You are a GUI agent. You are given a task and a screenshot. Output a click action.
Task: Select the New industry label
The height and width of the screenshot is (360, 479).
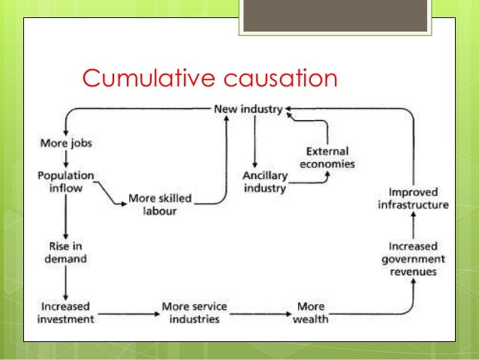248,109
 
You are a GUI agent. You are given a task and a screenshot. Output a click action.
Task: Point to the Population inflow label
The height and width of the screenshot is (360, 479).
66,180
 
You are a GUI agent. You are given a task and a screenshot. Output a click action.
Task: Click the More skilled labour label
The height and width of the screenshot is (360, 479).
159,204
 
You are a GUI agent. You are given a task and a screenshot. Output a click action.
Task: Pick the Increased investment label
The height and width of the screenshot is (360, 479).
66,313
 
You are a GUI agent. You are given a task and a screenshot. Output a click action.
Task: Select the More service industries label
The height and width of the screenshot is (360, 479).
194,313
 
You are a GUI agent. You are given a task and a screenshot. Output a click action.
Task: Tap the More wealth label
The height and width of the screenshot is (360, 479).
310,313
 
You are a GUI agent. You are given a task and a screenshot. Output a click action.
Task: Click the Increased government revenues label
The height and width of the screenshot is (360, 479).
413,259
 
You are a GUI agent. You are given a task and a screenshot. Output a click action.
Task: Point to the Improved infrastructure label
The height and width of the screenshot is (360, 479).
413,198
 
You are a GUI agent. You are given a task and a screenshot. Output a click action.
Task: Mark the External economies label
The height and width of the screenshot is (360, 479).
327,157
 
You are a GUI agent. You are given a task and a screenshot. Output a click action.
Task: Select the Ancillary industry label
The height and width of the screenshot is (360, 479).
265,181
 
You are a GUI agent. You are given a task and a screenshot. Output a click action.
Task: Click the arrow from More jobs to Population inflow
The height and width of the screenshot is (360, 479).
66,159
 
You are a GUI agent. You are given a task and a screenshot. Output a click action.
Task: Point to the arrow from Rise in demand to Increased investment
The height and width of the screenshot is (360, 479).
66,283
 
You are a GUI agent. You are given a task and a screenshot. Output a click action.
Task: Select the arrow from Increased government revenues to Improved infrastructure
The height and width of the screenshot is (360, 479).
412,225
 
